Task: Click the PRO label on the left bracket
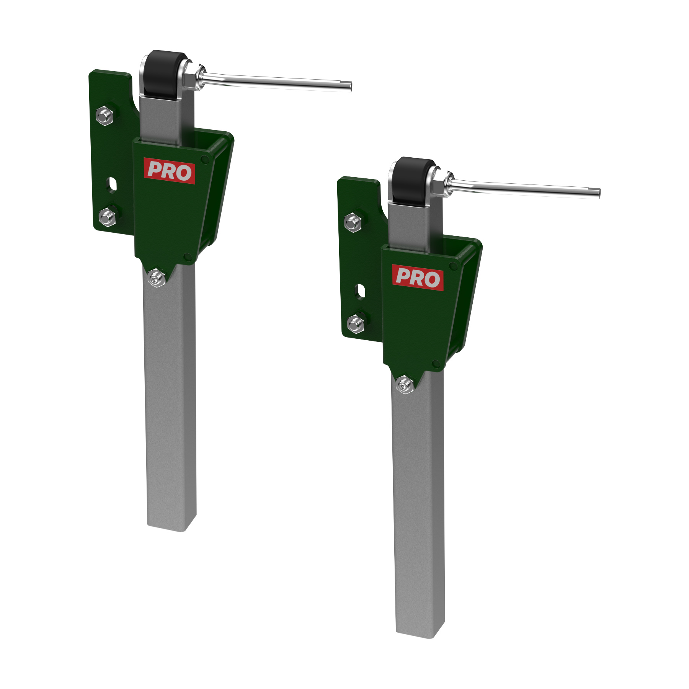(169, 171)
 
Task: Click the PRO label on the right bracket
(418, 278)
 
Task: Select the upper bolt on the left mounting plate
(105, 116)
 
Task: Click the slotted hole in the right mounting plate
(361, 291)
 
